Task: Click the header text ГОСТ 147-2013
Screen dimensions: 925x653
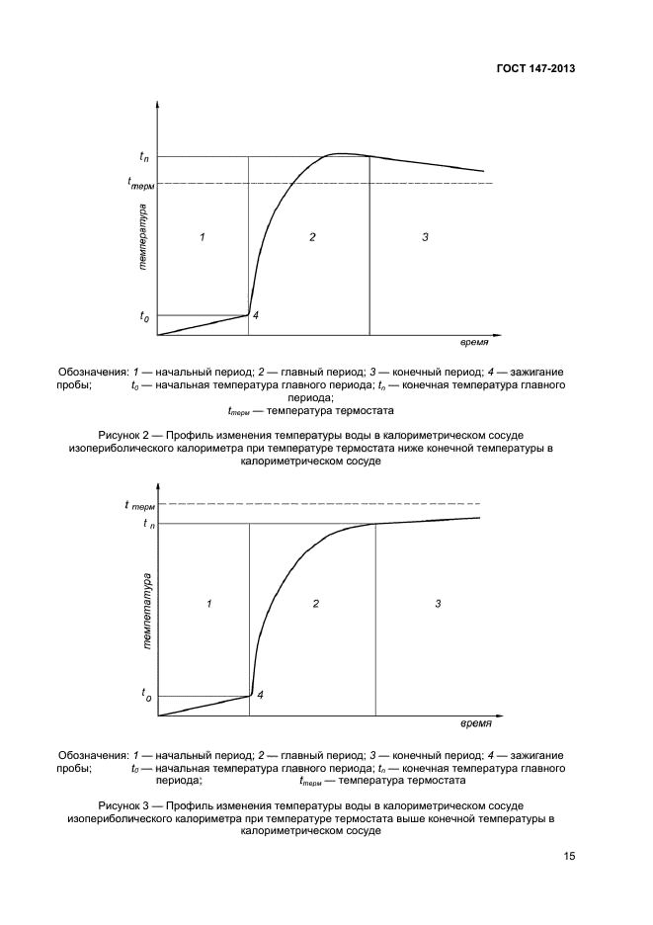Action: point(534,69)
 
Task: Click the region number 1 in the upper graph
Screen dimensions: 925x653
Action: point(202,237)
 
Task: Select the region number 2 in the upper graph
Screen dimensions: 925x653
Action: point(311,237)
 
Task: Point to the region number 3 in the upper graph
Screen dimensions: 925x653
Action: point(425,237)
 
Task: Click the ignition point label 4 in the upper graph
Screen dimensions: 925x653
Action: point(255,314)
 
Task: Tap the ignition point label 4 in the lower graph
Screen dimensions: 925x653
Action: point(260,695)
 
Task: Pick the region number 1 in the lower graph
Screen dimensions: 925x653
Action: point(209,603)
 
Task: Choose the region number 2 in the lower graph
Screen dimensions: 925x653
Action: point(315,603)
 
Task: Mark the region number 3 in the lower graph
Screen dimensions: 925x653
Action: point(437,603)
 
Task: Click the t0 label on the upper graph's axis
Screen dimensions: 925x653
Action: point(144,316)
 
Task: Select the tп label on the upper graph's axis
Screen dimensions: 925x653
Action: point(144,156)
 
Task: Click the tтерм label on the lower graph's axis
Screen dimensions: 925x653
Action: point(141,505)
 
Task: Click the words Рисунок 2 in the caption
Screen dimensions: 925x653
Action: point(124,435)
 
